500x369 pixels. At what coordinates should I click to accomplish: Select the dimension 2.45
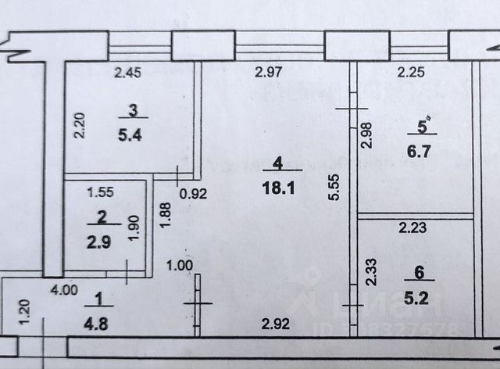(128, 73)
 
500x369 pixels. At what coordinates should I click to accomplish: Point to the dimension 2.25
(411, 73)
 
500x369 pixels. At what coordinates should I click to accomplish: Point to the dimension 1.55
(101, 190)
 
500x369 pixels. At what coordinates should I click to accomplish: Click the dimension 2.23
(412, 228)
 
